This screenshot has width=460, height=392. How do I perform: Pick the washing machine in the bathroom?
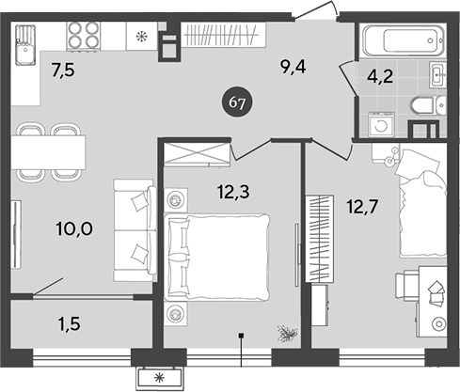(381, 124)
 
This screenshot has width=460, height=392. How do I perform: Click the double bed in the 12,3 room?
(218, 246)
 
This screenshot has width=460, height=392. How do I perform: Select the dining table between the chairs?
(47, 151)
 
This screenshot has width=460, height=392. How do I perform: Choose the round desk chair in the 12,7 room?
(439, 322)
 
